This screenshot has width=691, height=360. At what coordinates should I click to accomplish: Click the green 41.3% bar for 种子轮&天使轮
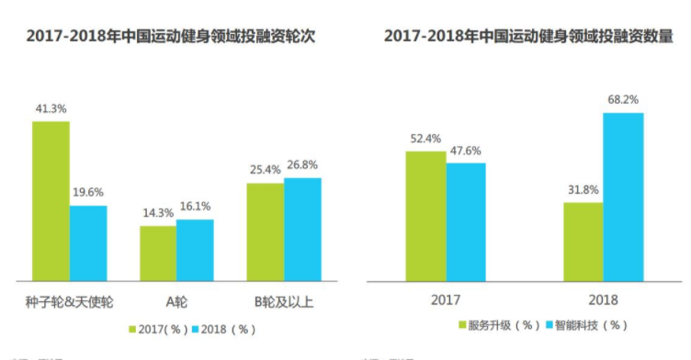tap(51, 200)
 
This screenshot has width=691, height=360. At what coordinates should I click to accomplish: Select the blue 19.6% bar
tap(88, 242)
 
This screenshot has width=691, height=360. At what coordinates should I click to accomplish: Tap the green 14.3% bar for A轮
tap(158, 253)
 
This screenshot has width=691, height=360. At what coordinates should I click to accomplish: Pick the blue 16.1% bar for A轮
tap(195, 249)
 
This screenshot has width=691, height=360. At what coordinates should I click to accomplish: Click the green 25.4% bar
tap(265, 231)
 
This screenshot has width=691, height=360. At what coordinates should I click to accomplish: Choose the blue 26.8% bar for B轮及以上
tap(302, 229)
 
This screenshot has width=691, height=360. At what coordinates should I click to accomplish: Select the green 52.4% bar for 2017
tap(425, 215)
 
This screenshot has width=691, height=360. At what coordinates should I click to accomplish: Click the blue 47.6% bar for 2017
tap(466, 221)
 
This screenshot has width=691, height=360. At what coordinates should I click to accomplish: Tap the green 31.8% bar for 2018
tap(583, 241)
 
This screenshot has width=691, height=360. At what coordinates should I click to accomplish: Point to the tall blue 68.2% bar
tap(623, 197)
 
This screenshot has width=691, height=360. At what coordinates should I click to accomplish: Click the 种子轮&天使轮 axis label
tap(70, 301)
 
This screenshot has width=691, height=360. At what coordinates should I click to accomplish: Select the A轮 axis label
tap(176, 301)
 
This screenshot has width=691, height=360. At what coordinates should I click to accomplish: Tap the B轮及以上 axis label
tap(284, 301)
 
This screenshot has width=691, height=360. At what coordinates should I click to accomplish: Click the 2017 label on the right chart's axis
tap(446, 300)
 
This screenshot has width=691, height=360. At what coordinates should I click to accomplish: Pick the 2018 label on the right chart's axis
tap(603, 300)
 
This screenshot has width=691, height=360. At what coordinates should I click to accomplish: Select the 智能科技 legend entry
tap(588, 325)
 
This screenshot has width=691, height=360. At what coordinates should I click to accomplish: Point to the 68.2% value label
tap(623, 99)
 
